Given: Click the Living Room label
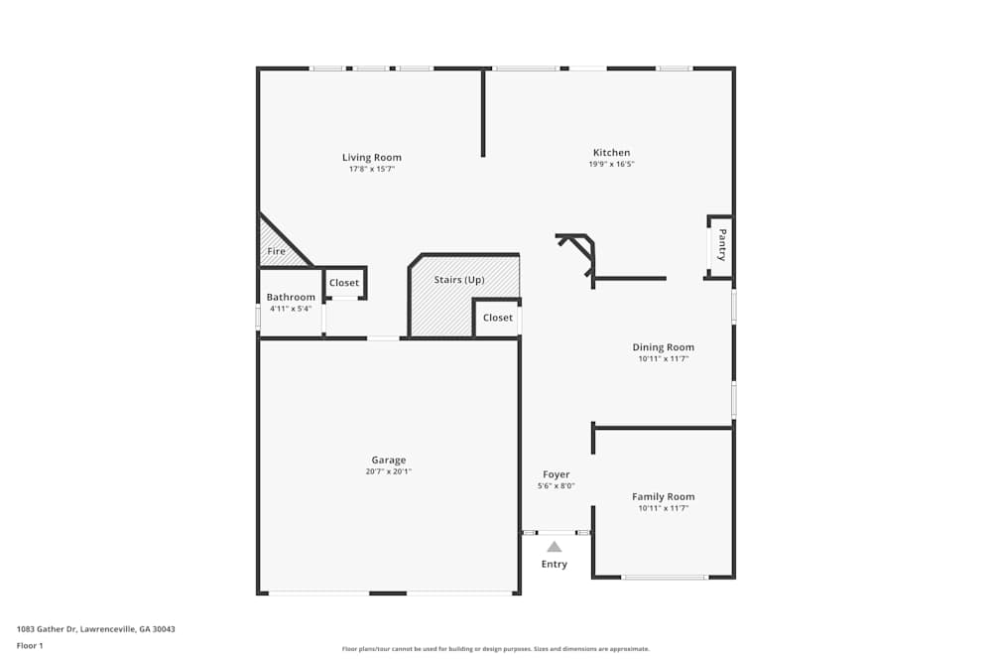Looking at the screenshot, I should coord(372,158).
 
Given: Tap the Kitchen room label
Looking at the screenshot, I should coord(611,153).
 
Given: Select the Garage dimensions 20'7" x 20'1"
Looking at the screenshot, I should coord(389,472).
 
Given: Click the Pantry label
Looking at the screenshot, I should coord(722,245).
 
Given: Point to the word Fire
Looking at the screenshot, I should coord(277,252).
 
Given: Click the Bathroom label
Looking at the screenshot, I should coord(291,298).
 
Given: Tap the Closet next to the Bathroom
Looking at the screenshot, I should coord(344,284).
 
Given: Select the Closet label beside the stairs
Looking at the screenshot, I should coord(498,318).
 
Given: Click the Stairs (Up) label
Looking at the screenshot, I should coord(459,280).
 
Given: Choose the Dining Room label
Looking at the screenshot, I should coord(664,347).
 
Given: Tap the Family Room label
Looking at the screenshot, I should coord(664,496).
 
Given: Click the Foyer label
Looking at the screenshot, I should coord(556,474).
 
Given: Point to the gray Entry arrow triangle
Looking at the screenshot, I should coord(555,547).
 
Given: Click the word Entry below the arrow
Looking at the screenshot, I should coord(555,565).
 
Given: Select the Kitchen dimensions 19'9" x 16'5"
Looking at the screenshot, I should coord(611,165).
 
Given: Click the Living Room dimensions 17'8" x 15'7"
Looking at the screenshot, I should coord(372,170).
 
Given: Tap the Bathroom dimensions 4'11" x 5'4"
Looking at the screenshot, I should coord(291,309).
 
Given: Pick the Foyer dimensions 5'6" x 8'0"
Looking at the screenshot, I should coord(556,486).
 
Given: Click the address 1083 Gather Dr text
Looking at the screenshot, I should coord(96,629).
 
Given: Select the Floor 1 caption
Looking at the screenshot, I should coord(30,646).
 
